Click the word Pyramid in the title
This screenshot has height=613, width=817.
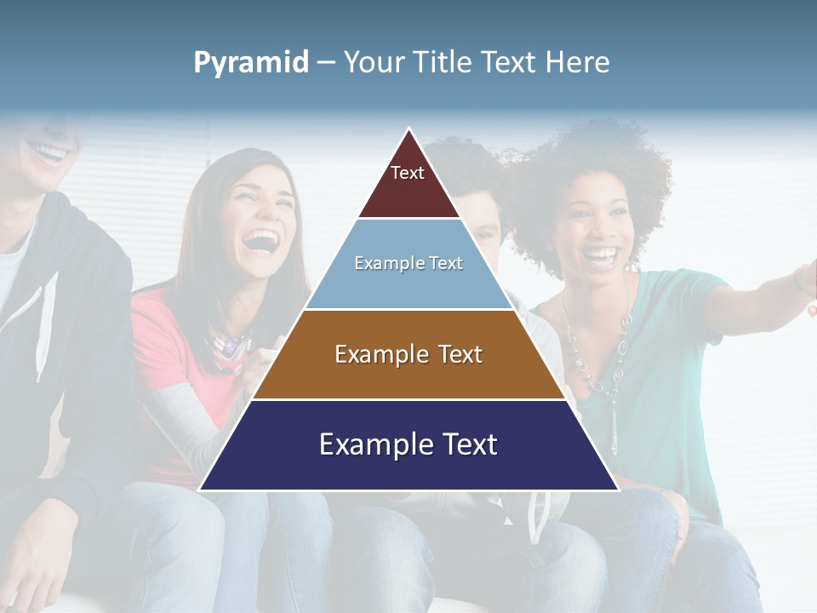(250, 63)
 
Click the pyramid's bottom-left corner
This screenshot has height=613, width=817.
(201, 489)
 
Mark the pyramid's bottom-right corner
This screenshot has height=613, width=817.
(617, 489)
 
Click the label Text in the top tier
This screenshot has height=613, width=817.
(408, 173)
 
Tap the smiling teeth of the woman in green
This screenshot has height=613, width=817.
(602, 253)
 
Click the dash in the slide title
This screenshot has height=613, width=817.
(326, 63)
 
